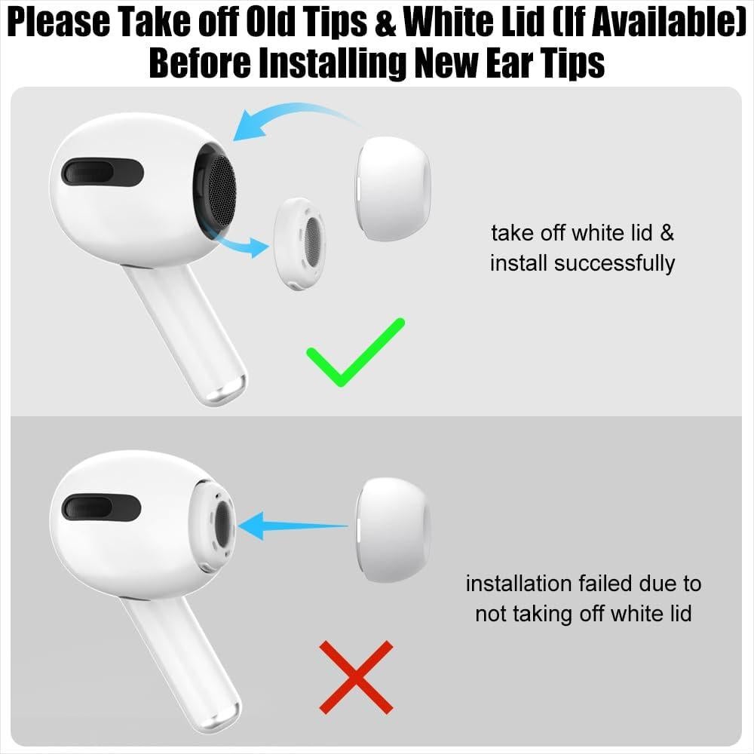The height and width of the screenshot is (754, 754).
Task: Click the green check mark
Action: pos(354,353)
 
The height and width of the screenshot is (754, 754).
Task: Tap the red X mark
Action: pos(357,676)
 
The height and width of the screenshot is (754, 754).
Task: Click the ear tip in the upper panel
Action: pos(393,188)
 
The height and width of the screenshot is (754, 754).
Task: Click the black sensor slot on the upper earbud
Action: pos(103,173)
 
